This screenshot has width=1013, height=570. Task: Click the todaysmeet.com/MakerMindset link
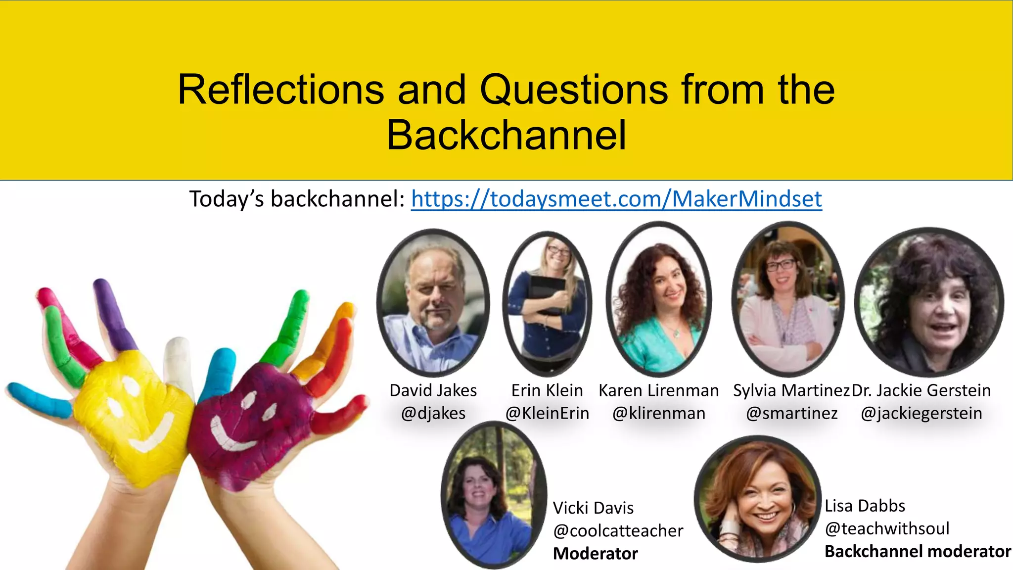616,199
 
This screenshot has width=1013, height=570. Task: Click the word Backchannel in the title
506,135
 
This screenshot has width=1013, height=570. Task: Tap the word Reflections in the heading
280,90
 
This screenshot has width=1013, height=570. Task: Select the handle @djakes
433,413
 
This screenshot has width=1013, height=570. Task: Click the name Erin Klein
547,390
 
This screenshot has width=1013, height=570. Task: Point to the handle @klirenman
659,413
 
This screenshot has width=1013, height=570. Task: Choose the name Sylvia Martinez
791,390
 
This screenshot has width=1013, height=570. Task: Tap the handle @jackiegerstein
921,413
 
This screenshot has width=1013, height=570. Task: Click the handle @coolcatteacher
618,530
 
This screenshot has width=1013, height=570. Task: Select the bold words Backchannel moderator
918,551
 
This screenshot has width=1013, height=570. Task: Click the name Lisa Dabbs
865,506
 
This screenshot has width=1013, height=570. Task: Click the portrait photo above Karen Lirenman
659,299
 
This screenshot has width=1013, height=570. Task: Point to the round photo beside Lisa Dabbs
757,498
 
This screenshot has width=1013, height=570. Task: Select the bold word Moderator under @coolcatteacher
595,553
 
